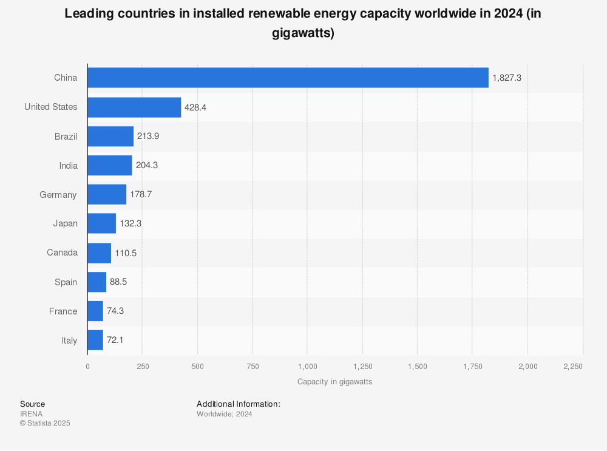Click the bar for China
(x=288, y=78)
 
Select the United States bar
(x=134, y=107)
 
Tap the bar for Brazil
(x=110, y=137)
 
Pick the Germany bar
(x=107, y=195)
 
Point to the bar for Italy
(x=95, y=341)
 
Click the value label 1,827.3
(x=507, y=78)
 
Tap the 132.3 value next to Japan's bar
(x=131, y=224)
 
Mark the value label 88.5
(x=118, y=282)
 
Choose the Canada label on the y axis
(x=62, y=253)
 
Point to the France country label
(x=63, y=311)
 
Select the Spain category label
(x=66, y=282)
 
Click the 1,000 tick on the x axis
(x=308, y=367)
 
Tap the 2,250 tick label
(x=572, y=367)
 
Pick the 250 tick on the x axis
(x=143, y=367)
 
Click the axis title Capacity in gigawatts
(x=334, y=382)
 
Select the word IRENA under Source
(x=31, y=414)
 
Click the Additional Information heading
(x=238, y=404)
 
